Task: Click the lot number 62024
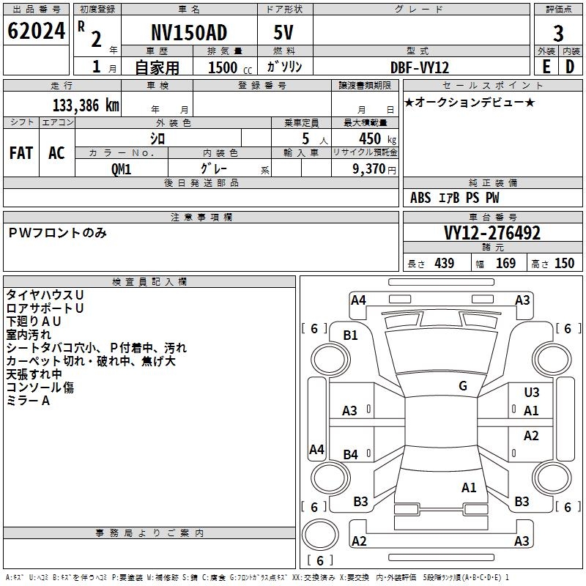coord(35,32)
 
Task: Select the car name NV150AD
coord(189,33)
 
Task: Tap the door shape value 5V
coord(283,33)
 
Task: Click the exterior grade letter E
coord(546,66)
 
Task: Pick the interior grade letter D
coord(570,66)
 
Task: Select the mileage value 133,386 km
coord(86,105)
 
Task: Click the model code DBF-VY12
coord(420,67)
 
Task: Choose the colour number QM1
coord(122,168)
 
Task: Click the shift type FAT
coord(21,153)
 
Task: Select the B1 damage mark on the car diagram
coord(351,335)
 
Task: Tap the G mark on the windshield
coord(463,385)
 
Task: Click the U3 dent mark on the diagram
coord(531,393)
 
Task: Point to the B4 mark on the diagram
coord(351,455)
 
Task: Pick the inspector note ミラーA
coord(28,401)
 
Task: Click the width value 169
coord(505,263)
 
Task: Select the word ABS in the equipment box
coord(420,198)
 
